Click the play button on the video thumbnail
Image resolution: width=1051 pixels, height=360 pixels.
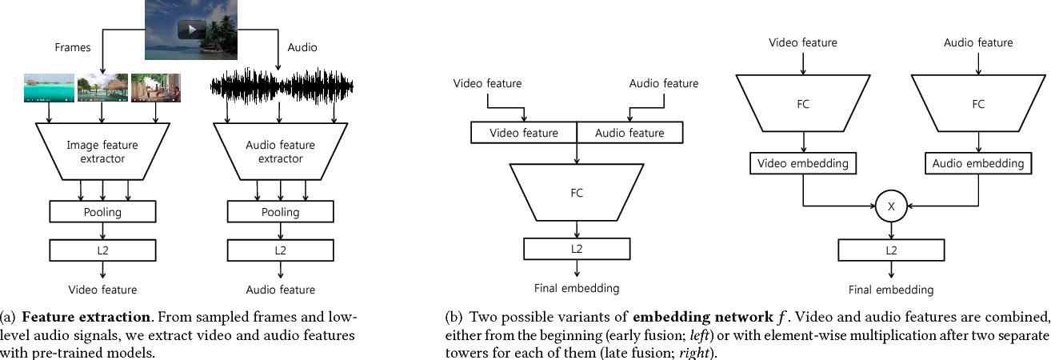(190, 30)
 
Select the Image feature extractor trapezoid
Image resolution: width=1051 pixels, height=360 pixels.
(102, 152)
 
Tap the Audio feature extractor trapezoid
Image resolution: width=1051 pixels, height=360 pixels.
(280, 152)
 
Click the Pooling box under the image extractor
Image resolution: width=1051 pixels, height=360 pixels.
(102, 212)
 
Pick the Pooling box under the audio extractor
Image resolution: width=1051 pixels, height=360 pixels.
(280, 212)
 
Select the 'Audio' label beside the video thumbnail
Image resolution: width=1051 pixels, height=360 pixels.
(302, 47)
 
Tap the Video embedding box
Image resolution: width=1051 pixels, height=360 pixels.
(802, 163)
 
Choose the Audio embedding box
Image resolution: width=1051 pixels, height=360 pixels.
(977, 163)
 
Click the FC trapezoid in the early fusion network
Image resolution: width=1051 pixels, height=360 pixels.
(577, 193)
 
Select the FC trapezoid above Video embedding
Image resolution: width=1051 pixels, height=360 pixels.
(802, 103)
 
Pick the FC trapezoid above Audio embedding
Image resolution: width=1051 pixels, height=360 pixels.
(977, 103)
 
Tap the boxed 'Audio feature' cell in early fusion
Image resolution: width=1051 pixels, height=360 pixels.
(630, 133)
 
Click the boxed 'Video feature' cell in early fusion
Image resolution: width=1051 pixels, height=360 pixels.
(523, 133)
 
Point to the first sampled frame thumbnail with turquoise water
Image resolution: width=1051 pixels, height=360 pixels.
(49, 89)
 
